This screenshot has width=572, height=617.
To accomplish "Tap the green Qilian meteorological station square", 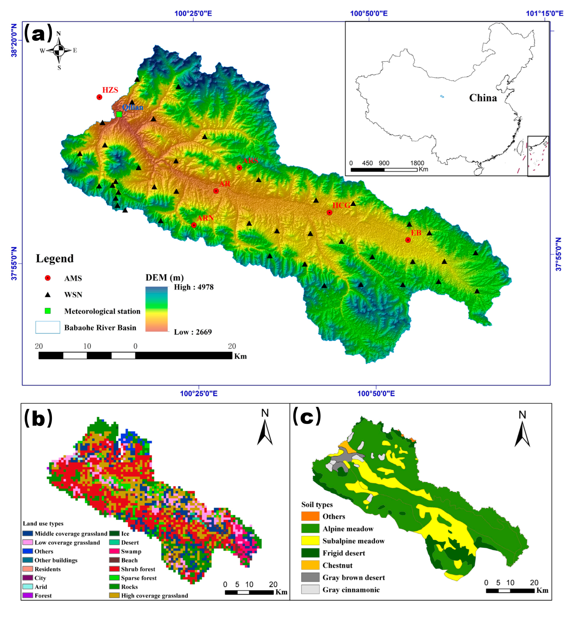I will click(119, 114).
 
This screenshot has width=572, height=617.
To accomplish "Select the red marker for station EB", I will click(408, 240).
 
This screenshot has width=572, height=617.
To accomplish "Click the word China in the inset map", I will click(483, 98).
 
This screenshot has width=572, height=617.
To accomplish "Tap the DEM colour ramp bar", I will click(157, 309).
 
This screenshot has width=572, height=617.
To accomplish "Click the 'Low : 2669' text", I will click(193, 332).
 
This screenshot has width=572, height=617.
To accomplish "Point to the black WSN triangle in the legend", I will click(48, 294).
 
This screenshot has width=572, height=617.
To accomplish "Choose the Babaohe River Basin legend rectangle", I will click(48, 327).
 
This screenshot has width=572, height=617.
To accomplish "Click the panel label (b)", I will click(38, 417).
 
